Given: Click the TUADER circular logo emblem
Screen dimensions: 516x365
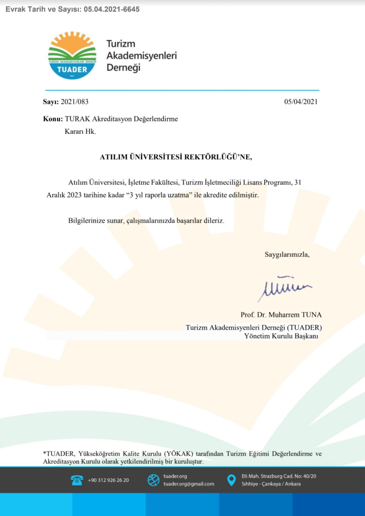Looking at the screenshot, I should (x=72, y=56).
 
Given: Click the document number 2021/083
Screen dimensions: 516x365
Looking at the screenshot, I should (x=74, y=102).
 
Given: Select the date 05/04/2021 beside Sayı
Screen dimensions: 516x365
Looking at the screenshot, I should (x=300, y=102).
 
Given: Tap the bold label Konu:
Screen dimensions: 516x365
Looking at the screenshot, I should (x=53, y=119).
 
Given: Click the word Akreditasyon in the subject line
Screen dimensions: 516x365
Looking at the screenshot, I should (x=112, y=119).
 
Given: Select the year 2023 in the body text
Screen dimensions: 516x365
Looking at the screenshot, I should (x=74, y=195).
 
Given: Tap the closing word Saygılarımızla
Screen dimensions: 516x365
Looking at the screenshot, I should (x=287, y=254).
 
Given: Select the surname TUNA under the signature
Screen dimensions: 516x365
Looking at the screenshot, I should (x=312, y=315).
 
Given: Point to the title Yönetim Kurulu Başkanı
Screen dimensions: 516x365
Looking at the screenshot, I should (x=281, y=336).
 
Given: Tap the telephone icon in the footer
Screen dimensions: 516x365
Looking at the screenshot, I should (x=77, y=480).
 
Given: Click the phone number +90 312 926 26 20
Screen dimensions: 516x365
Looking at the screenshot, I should (x=108, y=480).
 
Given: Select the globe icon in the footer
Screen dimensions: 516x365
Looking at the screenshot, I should (x=154, y=480).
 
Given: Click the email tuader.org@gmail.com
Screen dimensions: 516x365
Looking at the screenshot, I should (x=189, y=484).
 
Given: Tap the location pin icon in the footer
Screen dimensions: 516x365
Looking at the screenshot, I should (x=231, y=480).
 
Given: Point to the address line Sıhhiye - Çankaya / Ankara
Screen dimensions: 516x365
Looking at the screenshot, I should (x=271, y=484).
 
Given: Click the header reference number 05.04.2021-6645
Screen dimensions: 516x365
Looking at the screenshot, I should (x=112, y=9).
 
